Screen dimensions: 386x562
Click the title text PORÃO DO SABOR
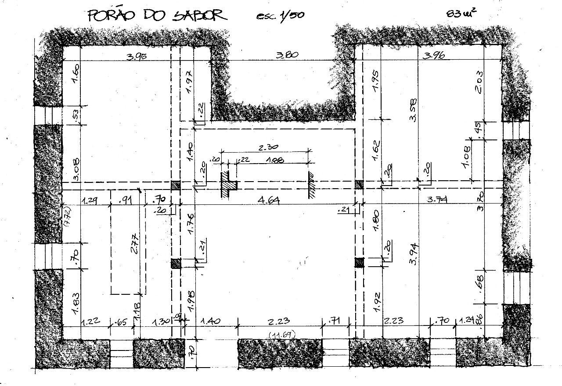coord(157,15)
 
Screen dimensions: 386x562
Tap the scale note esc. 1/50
coord(280,15)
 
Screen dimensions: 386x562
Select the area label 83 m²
coord(461,12)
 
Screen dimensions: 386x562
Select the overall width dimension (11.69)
coord(281,335)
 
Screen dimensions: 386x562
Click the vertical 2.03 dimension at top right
coord(479,81)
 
